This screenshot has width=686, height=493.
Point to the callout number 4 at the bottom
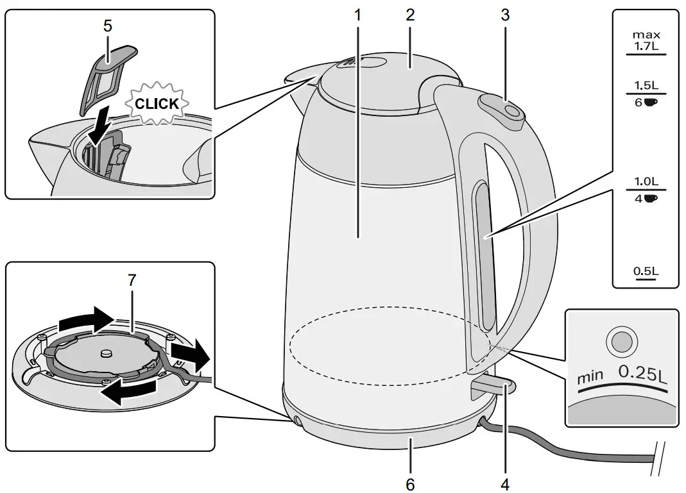click(506, 482)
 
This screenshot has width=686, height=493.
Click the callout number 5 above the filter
click(107, 27)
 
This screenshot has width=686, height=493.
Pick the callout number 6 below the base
click(411, 482)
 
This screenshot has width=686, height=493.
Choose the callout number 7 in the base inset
click(132, 280)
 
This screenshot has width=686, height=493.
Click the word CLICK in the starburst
click(157, 104)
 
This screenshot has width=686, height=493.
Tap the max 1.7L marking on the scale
click(646, 40)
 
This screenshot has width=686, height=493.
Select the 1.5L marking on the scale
click(646, 85)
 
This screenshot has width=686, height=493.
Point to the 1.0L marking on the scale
click(646, 181)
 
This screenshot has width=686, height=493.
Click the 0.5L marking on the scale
click(646, 272)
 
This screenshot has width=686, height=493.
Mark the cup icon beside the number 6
click(651, 102)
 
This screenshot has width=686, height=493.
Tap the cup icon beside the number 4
click(651, 198)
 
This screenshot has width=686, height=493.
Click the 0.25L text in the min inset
click(642, 372)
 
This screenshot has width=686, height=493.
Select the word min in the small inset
click(590, 376)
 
